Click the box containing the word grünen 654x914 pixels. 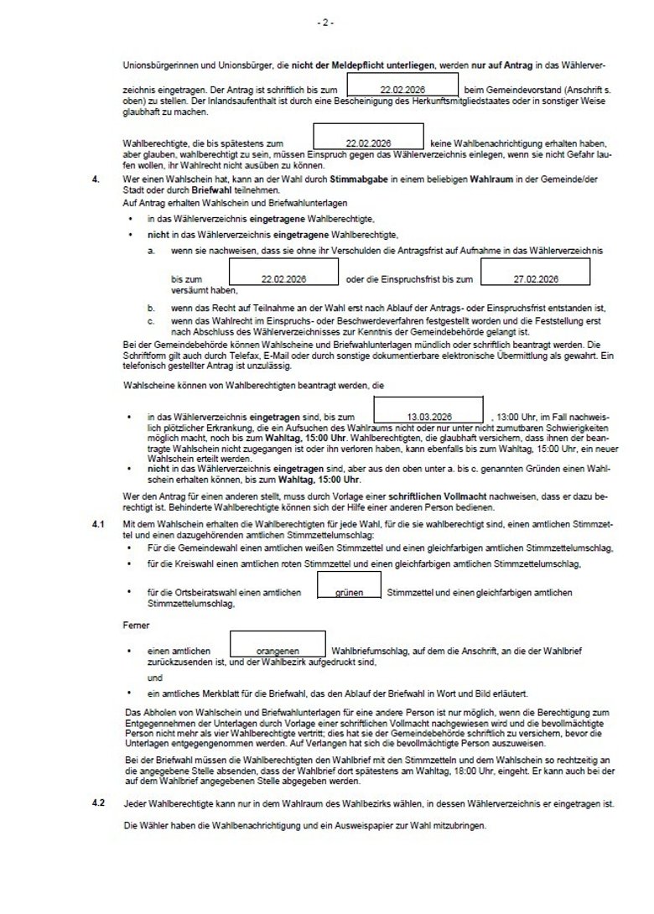[x=349, y=592]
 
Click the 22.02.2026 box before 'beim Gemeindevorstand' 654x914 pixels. [x=402, y=86]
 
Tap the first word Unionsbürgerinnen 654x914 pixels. [x=154, y=64]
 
